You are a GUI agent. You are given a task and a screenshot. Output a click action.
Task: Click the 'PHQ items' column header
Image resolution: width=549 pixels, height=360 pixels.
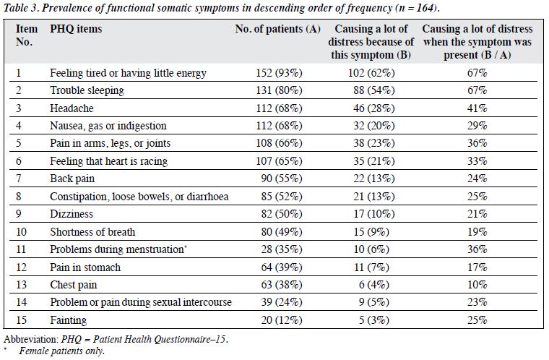(x=76, y=29)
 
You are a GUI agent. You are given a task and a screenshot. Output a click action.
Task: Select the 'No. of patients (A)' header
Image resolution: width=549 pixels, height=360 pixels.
(x=278, y=29)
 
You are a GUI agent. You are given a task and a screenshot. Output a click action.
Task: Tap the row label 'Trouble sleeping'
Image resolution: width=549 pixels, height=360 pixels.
(x=87, y=90)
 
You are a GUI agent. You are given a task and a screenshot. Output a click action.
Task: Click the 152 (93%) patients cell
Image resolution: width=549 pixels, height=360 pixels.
(x=279, y=73)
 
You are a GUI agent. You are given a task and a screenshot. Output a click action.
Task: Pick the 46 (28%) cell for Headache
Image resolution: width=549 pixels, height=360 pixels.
(x=374, y=108)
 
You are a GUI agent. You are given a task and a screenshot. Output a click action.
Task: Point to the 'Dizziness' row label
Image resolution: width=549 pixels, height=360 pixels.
(x=72, y=214)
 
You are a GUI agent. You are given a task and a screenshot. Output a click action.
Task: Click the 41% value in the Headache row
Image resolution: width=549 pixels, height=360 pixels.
(x=477, y=108)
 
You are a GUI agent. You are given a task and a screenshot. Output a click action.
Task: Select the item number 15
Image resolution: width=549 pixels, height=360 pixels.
(x=22, y=320)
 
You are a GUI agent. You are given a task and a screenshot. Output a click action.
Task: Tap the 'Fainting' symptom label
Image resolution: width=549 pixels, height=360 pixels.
(x=69, y=320)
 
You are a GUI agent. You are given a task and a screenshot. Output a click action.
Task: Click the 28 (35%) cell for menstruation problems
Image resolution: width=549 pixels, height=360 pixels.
(x=282, y=249)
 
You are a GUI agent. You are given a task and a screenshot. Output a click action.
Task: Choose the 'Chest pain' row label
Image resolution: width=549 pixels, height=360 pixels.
(x=73, y=285)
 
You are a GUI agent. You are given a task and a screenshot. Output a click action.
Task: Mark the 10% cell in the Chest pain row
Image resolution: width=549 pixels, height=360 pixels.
(x=477, y=285)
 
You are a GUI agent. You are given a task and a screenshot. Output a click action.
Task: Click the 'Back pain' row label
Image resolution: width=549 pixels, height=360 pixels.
(x=72, y=179)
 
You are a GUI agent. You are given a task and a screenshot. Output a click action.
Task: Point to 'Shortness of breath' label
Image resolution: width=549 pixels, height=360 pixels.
(x=92, y=232)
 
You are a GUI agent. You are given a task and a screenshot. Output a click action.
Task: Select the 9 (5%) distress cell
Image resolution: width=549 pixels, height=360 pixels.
(x=374, y=302)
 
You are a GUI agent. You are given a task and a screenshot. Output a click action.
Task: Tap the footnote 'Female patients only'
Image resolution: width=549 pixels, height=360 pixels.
(x=61, y=351)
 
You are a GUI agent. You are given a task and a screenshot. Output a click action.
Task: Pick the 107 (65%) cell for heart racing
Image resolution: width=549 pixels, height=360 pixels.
(x=279, y=161)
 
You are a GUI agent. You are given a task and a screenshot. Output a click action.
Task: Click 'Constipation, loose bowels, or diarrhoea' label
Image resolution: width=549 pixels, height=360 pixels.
(x=139, y=197)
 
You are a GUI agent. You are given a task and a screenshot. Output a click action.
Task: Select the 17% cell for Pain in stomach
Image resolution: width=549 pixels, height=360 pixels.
(x=477, y=267)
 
